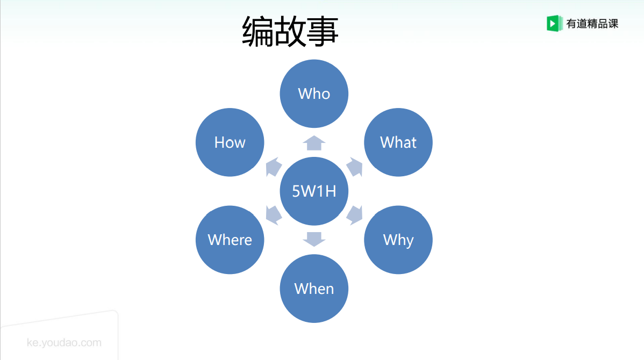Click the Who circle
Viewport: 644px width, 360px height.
click(314, 93)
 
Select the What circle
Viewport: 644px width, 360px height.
click(398, 142)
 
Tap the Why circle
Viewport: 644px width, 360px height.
click(398, 240)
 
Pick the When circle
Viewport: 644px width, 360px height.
click(314, 289)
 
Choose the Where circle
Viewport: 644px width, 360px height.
click(230, 240)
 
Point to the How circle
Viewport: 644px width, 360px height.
click(230, 142)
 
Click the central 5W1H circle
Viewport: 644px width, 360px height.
click(314, 191)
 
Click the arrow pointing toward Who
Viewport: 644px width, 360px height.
click(314, 143)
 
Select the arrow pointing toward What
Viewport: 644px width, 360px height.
click(355, 167)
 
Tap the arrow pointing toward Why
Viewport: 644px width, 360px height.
click(355, 214)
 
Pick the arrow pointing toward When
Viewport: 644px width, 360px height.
click(314, 239)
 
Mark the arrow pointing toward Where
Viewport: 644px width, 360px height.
click(273, 214)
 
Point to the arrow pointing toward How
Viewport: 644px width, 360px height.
click(273, 167)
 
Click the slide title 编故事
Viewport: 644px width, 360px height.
click(290, 31)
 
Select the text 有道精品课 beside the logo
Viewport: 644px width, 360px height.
click(592, 24)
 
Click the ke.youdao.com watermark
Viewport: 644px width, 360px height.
click(64, 343)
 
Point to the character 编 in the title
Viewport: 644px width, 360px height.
click(258, 31)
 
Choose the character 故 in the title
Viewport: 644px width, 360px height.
click(290, 31)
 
